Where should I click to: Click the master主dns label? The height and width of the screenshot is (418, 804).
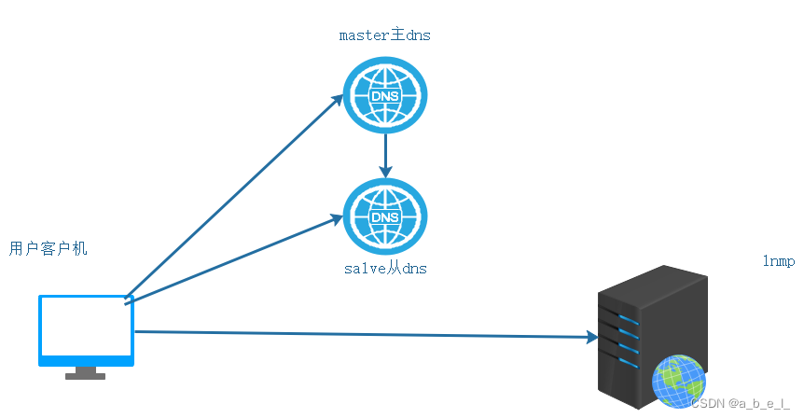384,36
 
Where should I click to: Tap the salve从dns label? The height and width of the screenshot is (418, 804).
385,269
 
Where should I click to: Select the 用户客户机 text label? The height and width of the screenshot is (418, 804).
49,249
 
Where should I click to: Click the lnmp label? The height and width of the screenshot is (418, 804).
778,262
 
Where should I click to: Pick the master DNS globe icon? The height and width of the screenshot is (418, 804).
384,95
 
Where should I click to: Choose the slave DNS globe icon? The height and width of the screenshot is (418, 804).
384,216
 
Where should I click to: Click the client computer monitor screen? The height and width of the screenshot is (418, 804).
84,328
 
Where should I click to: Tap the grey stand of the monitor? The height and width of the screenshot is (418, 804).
85,373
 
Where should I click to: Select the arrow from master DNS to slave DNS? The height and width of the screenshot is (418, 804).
384,155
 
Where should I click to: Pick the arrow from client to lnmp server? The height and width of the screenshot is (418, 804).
364,334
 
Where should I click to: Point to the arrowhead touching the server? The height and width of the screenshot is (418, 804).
590,337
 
